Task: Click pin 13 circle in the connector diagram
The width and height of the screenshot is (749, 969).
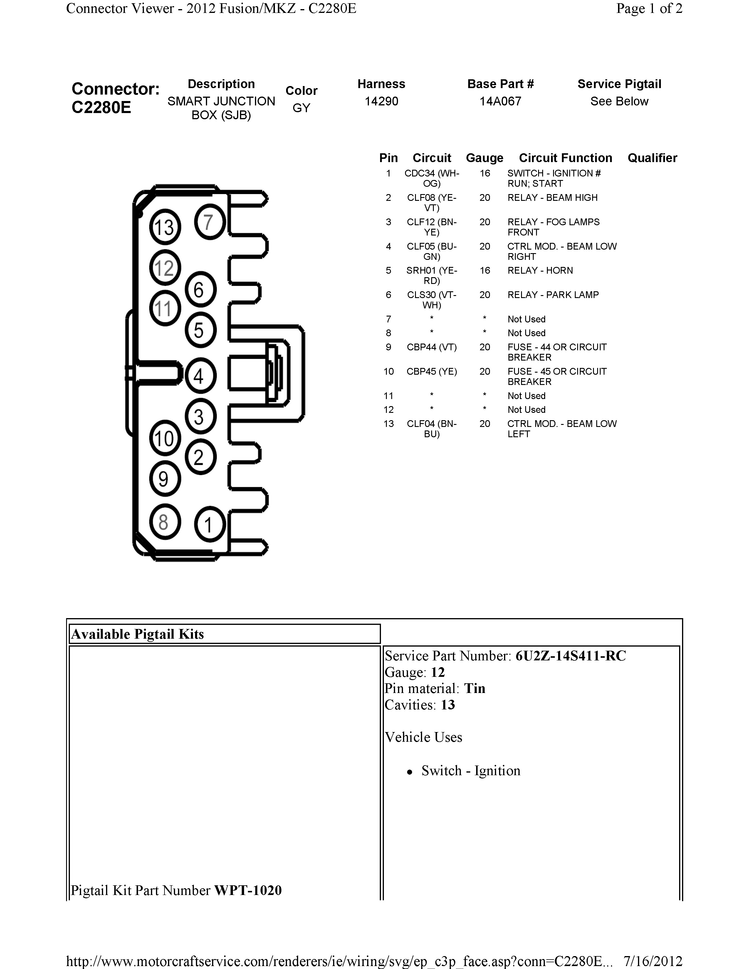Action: click(x=164, y=227)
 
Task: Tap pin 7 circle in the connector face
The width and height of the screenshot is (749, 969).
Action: click(x=209, y=222)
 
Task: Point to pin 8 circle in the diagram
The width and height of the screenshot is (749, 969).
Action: click(x=164, y=522)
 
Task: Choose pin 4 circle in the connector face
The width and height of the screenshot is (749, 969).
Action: click(x=200, y=376)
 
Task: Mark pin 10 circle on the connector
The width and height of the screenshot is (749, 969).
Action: click(x=164, y=438)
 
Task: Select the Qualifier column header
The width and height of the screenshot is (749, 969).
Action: click(x=652, y=158)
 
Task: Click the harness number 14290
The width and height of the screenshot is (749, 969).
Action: click(x=381, y=101)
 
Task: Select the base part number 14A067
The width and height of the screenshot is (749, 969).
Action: click(x=500, y=101)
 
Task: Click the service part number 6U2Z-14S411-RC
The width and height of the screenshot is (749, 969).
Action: click(x=570, y=656)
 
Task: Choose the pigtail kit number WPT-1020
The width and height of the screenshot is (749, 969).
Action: click(x=248, y=890)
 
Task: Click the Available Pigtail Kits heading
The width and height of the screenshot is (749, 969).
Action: click(x=137, y=634)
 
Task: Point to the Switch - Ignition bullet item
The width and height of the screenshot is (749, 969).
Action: click(x=470, y=771)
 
